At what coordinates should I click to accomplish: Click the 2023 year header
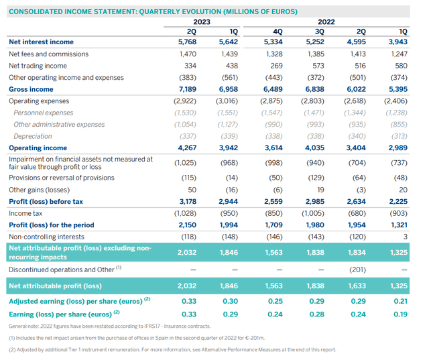click(202, 22)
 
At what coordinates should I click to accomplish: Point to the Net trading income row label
click(38, 66)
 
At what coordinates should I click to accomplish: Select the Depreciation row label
click(34, 136)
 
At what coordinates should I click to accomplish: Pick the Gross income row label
click(32, 89)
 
